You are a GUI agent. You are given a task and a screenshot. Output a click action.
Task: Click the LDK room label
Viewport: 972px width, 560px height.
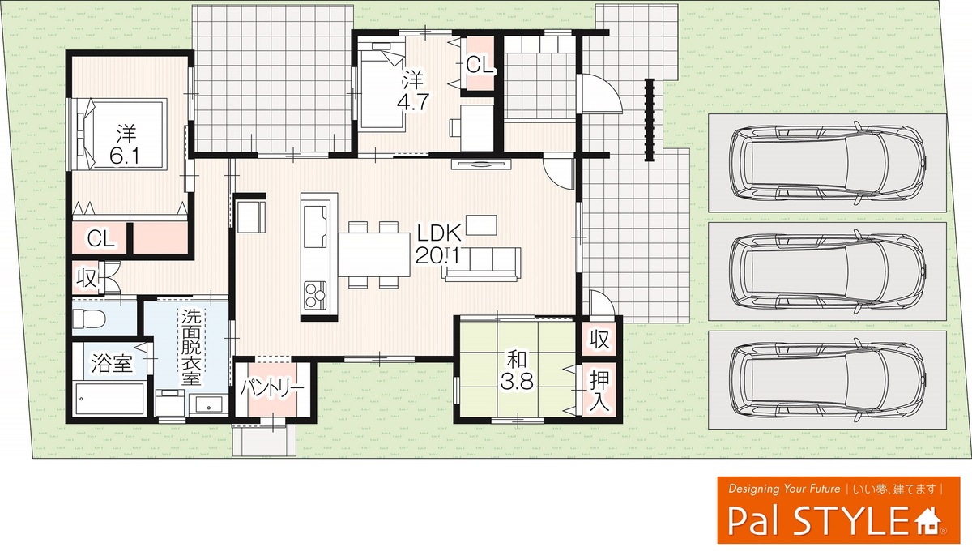click(x=439, y=245)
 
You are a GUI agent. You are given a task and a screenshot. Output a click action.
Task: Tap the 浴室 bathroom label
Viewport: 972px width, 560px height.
click(x=112, y=363)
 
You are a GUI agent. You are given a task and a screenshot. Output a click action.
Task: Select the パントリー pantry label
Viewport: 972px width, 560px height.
click(x=272, y=387)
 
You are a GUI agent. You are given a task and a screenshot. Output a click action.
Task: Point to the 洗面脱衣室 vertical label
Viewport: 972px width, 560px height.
click(x=191, y=346)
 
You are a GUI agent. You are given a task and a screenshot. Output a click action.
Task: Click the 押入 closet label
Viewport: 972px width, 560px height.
click(x=599, y=392)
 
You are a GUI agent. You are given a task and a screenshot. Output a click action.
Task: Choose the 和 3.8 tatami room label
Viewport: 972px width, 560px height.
click(x=517, y=370)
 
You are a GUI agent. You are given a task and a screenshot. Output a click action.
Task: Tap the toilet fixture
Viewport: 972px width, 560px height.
click(x=89, y=319)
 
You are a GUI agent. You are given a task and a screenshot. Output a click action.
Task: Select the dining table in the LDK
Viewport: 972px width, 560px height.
click(x=374, y=254)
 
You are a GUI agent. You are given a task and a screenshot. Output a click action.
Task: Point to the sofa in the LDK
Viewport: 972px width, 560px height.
click(x=482, y=264)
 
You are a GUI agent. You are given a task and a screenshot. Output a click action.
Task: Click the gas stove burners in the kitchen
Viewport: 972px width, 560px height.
click(x=315, y=295)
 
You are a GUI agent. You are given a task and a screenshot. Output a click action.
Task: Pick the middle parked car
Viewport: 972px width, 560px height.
click(x=827, y=271)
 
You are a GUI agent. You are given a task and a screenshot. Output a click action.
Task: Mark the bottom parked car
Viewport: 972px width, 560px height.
click(x=827, y=381)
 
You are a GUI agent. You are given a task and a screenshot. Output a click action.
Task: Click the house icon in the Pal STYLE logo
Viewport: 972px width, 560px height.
click(x=928, y=522)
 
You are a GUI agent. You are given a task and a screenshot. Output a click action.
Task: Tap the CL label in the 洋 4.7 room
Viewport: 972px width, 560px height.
click(x=480, y=65)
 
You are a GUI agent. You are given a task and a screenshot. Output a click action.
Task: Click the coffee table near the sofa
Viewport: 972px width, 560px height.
click(x=481, y=224)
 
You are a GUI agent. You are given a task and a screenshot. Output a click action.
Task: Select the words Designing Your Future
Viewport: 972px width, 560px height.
click(x=784, y=489)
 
